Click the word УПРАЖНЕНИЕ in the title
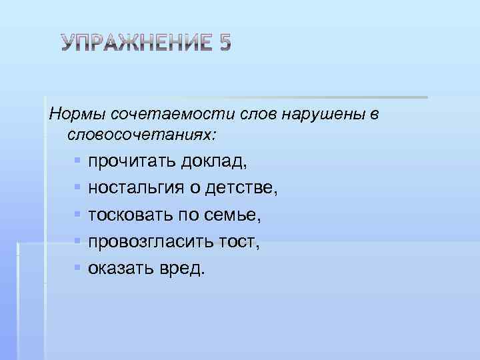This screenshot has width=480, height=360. pyautogui.click(x=136, y=43)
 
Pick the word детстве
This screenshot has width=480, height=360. pyautogui.click(x=242, y=189)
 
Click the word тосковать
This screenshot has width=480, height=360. pyautogui.click(x=132, y=215)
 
